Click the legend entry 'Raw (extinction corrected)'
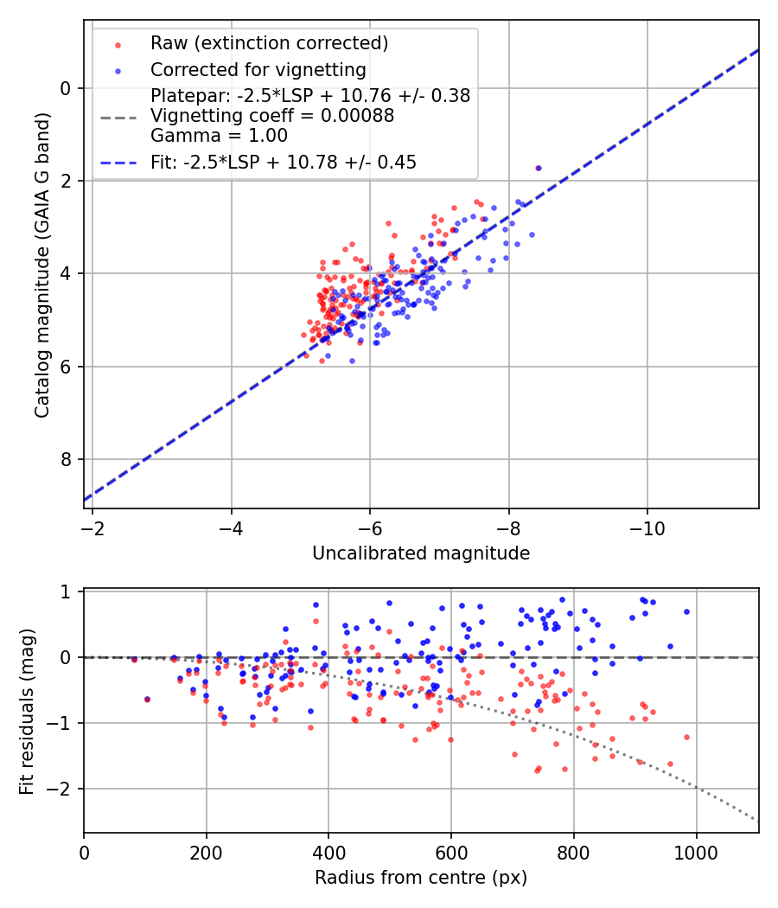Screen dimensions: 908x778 click(x=269, y=43)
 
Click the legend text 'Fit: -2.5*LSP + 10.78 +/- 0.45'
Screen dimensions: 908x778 click(x=284, y=162)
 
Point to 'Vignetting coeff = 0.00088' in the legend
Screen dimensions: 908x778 click(x=272, y=116)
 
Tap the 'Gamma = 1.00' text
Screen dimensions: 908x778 click(x=219, y=136)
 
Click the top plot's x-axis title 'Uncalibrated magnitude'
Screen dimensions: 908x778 click(x=421, y=553)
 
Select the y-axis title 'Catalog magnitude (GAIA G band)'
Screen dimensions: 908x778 click(x=42, y=265)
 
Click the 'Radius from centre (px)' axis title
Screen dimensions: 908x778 click(x=421, y=878)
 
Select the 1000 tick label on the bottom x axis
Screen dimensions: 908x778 click(x=697, y=853)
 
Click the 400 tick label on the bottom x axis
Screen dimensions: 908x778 click(x=328, y=853)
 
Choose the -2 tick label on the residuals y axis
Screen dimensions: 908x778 click(x=63, y=790)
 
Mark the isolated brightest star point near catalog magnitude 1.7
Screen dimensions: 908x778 click(x=539, y=168)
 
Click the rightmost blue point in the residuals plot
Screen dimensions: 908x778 click(x=686, y=611)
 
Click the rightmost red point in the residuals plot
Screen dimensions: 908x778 click(x=686, y=737)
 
